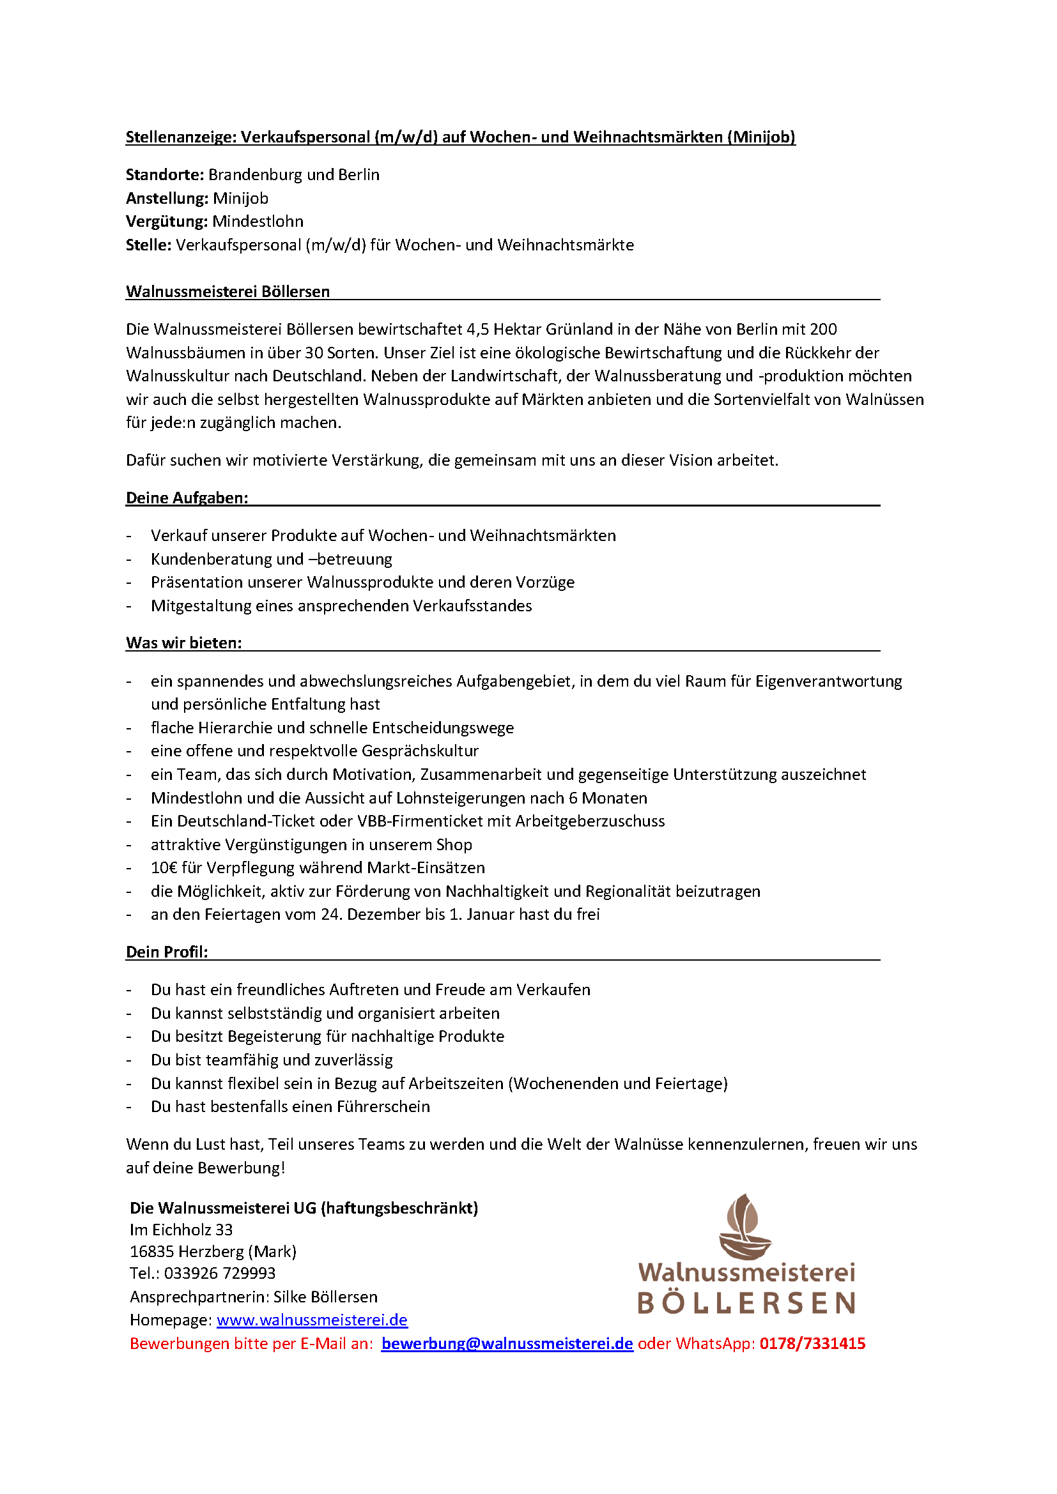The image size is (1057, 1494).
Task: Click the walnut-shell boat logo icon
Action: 745,1227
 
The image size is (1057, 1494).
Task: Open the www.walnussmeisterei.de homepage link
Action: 312,1320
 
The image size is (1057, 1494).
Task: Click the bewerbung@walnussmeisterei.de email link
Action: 507,1344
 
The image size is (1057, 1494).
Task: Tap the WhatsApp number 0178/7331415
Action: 812,1344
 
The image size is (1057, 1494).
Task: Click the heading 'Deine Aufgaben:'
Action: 187,498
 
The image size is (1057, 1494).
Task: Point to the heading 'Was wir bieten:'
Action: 183,644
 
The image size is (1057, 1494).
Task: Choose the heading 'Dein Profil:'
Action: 167,952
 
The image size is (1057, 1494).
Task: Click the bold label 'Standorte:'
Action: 165,175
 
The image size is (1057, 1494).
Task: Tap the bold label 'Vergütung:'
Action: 167,222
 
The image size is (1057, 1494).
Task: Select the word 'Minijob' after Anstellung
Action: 240,199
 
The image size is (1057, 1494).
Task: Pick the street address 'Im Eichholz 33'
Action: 181,1230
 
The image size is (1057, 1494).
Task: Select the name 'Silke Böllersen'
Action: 325,1297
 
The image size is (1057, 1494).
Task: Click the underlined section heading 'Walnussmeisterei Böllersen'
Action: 228,291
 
